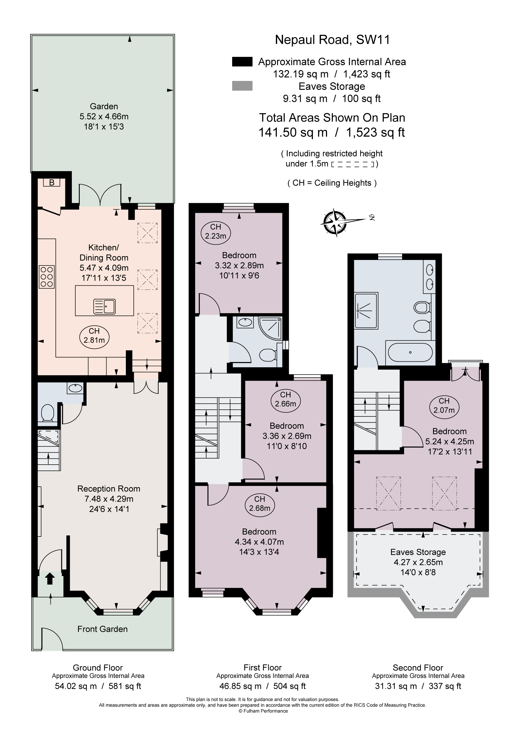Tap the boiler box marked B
tap(52, 183)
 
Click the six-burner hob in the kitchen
tap(46, 277)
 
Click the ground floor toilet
tap(48, 413)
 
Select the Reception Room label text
tap(109, 489)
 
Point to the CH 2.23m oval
tap(216, 231)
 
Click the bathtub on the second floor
tap(410, 352)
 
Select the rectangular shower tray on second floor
tap(366, 311)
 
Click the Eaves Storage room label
tap(418, 552)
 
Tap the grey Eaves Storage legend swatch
tap(242, 86)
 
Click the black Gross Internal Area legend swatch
tap(242, 62)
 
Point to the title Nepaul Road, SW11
tap(332, 40)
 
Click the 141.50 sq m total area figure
tap(293, 132)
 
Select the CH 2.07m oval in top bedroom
tap(444, 405)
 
